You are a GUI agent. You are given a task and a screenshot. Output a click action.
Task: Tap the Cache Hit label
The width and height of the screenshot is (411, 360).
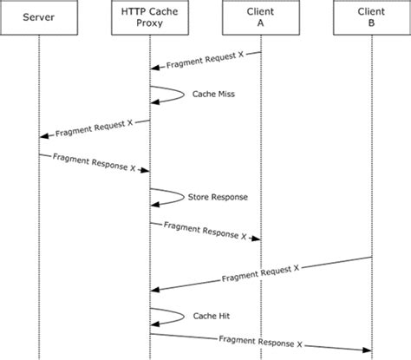point(212,315)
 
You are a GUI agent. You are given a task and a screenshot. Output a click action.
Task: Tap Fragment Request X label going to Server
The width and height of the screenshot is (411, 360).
point(94,129)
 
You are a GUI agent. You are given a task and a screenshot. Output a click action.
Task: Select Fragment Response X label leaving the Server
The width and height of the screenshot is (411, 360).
point(94,162)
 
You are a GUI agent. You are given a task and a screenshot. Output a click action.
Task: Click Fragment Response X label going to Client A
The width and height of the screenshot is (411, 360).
point(205,231)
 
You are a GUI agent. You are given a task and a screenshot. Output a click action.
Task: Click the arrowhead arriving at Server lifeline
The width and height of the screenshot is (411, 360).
point(43,137)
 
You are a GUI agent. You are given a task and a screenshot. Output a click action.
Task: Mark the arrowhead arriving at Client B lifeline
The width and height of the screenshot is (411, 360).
point(367,350)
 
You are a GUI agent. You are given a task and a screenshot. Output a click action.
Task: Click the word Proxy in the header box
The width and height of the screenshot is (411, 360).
point(149,28)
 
